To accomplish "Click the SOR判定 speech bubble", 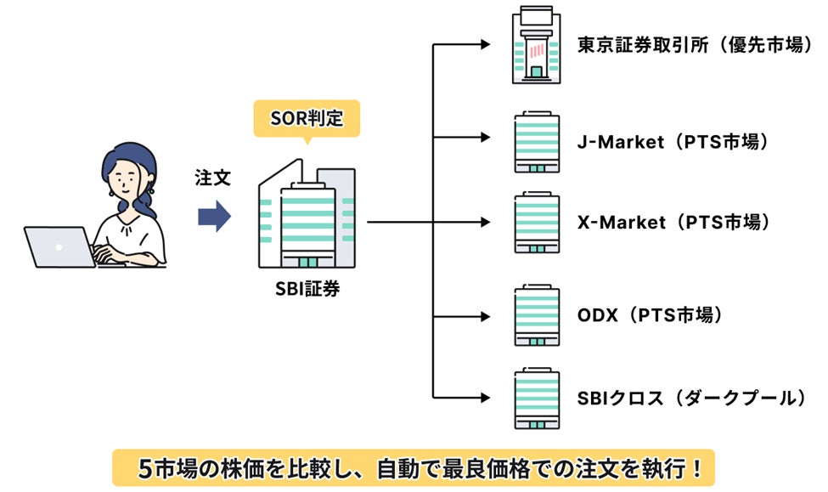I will point(306,118).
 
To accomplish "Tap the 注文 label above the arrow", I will point(212,181).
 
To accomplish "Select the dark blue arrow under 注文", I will point(213,216).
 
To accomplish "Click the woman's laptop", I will point(59,247).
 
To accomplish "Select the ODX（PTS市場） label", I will point(649,316).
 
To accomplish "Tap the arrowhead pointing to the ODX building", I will point(485,316).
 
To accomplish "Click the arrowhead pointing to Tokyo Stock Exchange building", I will point(485,45).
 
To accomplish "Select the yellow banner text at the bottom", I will point(414,467).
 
